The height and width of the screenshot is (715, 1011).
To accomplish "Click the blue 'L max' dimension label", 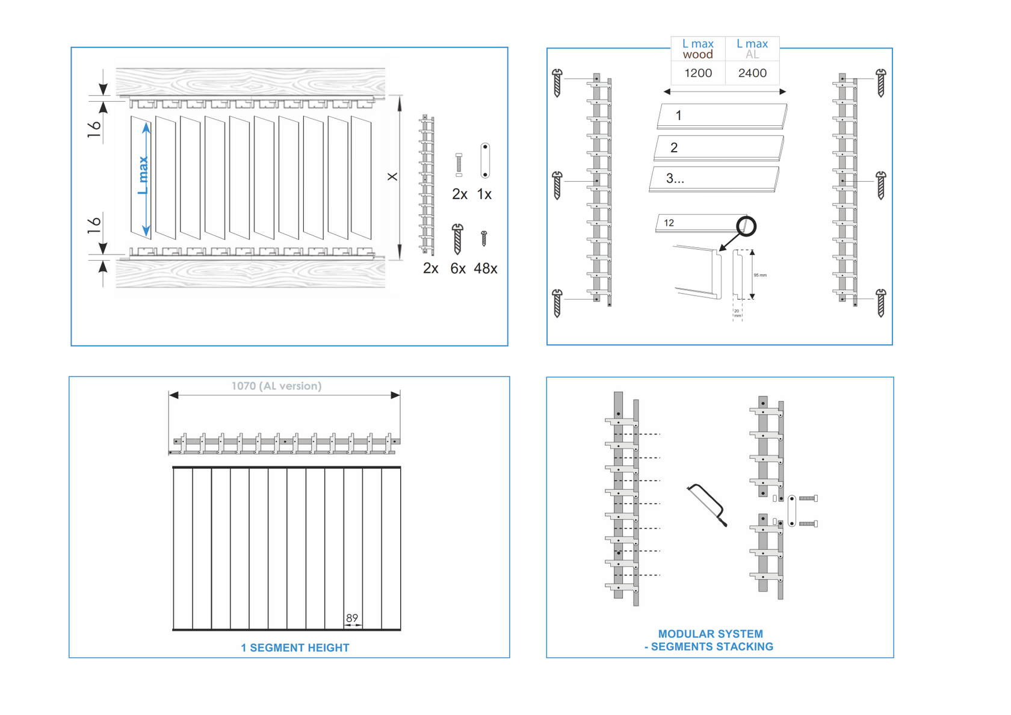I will click(143, 175).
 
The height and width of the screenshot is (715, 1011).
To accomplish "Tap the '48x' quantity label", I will click(485, 268).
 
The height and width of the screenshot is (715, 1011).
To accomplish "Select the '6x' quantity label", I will click(458, 268).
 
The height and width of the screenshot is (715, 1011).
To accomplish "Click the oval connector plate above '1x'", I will click(485, 160).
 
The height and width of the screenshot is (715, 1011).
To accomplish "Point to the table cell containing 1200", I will click(698, 73).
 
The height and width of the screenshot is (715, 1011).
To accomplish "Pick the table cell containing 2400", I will click(752, 73).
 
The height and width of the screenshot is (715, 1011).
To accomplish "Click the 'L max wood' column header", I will click(698, 49).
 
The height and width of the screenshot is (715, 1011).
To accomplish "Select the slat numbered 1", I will click(722, 115).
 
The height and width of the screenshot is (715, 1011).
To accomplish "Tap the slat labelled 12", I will click(698, 223).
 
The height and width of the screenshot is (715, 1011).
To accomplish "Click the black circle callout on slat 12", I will click(746, 226).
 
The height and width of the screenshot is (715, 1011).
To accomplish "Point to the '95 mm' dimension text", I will click(760, 275).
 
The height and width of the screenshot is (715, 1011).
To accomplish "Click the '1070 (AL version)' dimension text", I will click(276, 386).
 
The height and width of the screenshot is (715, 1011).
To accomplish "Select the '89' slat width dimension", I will click(352, 617).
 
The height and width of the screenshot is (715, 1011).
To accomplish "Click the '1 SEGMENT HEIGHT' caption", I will click(295, 648).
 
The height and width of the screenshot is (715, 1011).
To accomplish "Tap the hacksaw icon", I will click(707, 504).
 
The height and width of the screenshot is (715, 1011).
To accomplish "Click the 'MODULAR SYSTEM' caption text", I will click(710, 634).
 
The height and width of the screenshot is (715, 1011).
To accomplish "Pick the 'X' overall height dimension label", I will click(392, 176).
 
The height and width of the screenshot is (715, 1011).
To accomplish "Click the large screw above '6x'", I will click(457, 238).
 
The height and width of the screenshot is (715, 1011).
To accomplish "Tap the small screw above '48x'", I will click(484, 238).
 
